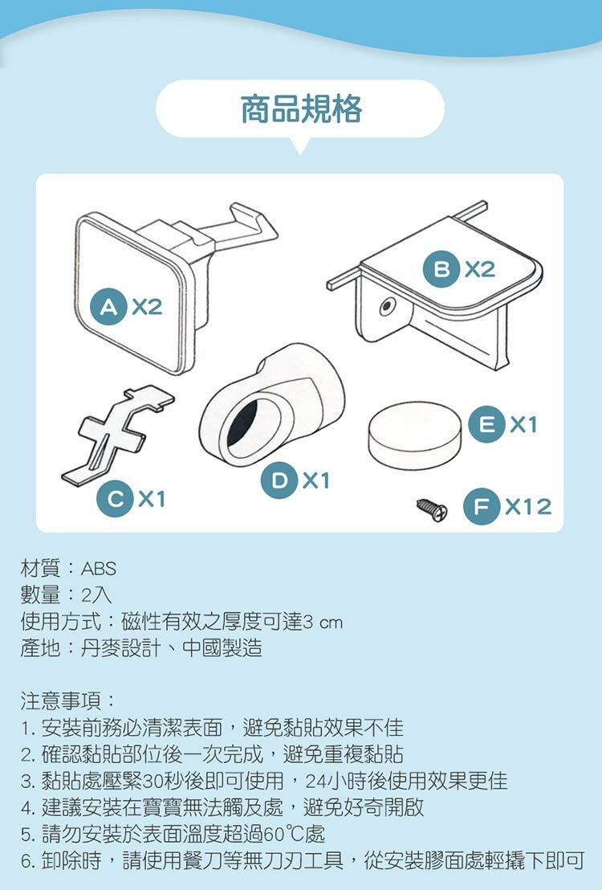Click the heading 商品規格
click(301, 109)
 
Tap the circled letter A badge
click(108, 307)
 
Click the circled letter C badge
click(115, 499)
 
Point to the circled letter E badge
click(487, 424)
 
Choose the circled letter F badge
click(482, 506)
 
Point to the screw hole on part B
click(386, 307)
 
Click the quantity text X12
click(528, 506)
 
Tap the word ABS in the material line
click(99, 568)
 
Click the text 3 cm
click(323, 622)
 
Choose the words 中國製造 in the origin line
click(222, 647)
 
